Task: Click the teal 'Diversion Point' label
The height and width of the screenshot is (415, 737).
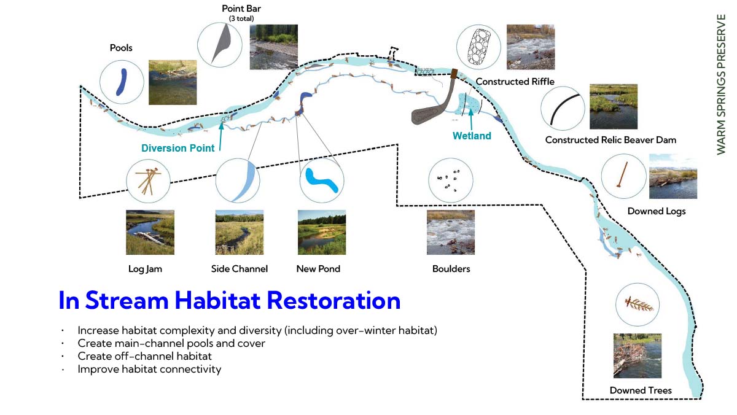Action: (177, 148)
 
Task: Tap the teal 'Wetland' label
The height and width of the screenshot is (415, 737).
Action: (472, 136)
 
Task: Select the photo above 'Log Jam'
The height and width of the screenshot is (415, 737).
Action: (150, 232)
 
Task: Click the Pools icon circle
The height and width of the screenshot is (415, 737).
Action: (122, 82)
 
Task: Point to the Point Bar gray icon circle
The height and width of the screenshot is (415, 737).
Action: (220, 45)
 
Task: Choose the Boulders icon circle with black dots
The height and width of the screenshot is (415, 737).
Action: (451, 180)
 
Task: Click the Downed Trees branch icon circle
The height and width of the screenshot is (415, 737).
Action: (638, 304)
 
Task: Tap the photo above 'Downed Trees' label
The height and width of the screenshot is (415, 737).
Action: (638, 356)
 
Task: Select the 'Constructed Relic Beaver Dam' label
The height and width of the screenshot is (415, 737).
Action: (610, 140)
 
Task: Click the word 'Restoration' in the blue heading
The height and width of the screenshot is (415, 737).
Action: (333, 300)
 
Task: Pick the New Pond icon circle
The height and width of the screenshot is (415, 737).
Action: (322, 180)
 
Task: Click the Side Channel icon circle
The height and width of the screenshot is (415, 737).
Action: (238, 180)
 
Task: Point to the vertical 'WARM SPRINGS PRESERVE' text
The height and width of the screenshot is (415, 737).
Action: (721, 84)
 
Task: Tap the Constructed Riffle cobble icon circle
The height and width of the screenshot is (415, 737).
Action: (478, 47)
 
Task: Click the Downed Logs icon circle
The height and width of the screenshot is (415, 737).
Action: (624, 176)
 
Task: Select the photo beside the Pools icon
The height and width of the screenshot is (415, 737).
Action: (173, 82)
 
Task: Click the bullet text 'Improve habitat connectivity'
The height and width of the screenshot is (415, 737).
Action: (149, 369)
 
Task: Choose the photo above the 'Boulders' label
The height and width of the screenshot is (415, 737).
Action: (451, 232)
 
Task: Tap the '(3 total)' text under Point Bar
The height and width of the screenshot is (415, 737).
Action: (241, 18)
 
